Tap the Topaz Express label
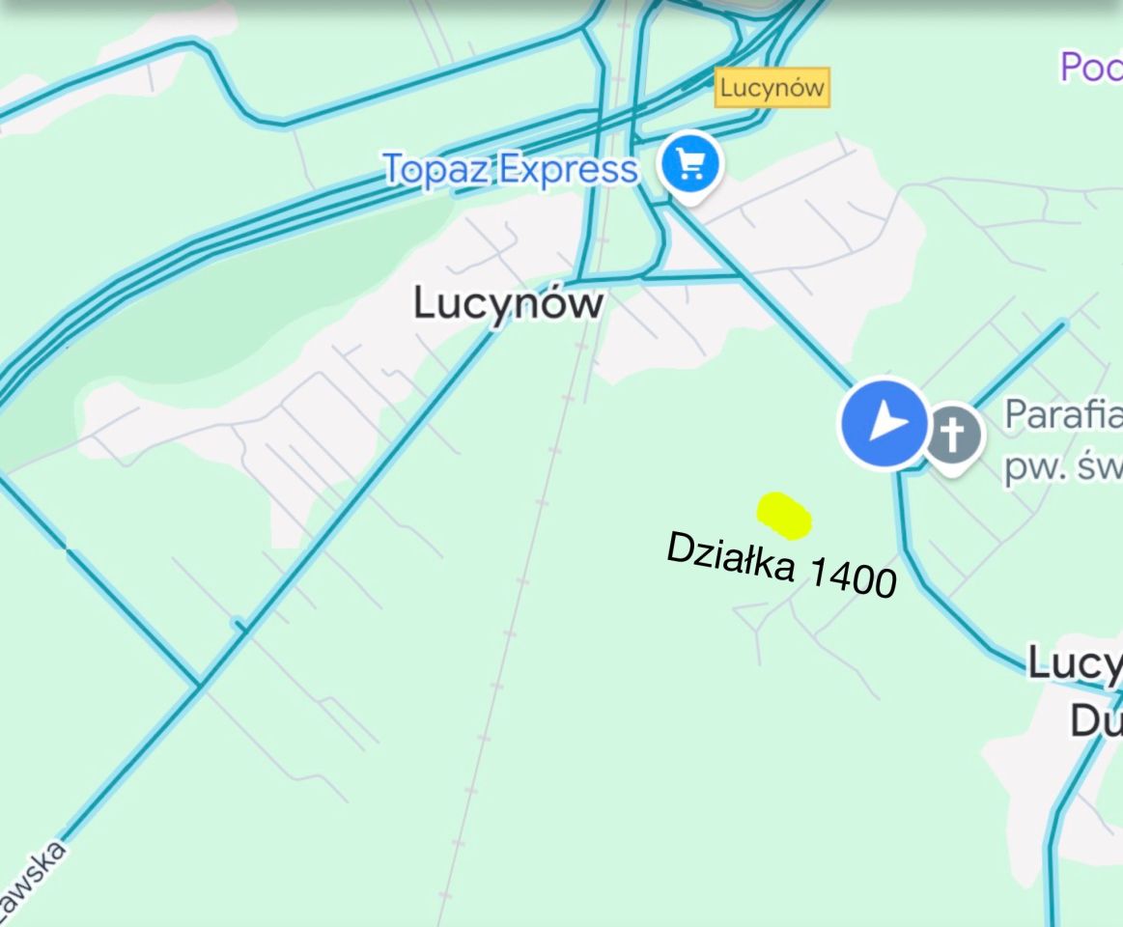[510, 169]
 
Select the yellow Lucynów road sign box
[772, 89]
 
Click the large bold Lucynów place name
[508, 303]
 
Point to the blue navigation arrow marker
[884, 423]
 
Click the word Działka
[731, 558]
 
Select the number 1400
[851, 579]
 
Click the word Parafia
[1062, 415]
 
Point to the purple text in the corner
[1091, 68]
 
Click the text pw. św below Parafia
[1062, 467]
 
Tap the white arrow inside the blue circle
[884, 423]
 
